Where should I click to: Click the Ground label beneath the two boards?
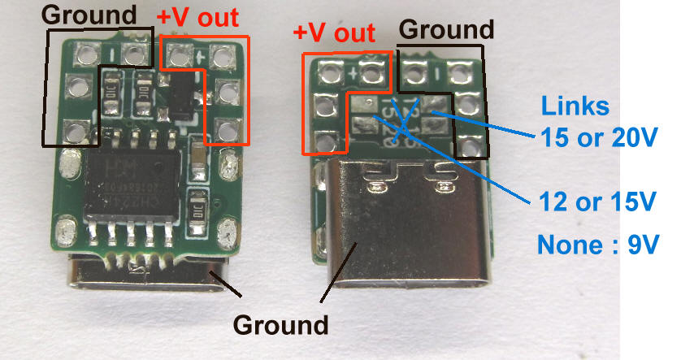[281, 325]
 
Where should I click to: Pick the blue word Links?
[574, 106]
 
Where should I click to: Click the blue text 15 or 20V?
[599, 137]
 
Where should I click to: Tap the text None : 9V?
[597, 244]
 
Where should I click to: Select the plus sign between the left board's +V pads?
[198, 56]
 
